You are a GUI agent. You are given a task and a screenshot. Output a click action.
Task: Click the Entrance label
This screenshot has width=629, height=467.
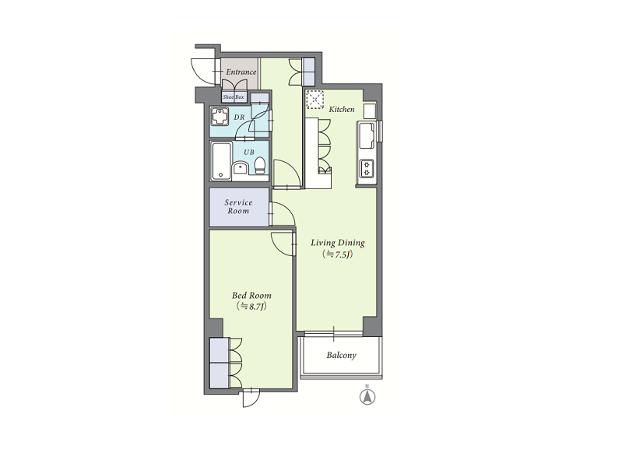pos(241,72)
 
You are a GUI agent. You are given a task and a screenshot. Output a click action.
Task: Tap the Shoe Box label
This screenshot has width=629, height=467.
pos(234,97)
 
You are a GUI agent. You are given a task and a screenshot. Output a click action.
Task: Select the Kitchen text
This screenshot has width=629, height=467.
pos(342,109)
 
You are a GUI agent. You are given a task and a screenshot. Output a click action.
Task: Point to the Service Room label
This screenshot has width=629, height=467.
pos(238,206)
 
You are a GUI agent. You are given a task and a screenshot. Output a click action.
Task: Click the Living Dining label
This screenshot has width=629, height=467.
pos(338,243)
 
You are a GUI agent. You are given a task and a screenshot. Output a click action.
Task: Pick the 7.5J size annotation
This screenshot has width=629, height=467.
pos(338,255)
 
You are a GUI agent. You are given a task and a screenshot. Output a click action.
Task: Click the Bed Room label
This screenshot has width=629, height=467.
pos(251,296)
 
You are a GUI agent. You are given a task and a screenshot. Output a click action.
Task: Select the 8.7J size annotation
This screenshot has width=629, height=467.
pos(251,307)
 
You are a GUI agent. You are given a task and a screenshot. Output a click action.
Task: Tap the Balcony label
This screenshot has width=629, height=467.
pos(342,355)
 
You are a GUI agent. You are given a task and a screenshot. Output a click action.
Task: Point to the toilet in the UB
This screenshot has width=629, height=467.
pos(260,165)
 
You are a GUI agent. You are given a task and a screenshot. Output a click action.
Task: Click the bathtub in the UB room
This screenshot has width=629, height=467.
pos(221,161)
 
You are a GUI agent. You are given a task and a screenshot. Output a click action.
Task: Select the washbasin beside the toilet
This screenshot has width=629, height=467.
pos(241,167)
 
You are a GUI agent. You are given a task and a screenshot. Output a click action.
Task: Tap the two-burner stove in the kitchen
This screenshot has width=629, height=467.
pos(366,168)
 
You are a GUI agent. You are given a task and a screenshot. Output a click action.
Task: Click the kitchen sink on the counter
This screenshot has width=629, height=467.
pos(367,135)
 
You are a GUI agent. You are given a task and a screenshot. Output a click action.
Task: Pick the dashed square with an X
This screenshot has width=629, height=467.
pos(315,100)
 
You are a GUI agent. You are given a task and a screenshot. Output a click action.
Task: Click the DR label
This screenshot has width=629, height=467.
pos(239,118)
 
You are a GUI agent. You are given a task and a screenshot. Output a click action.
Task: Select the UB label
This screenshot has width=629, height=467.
pos(249,153)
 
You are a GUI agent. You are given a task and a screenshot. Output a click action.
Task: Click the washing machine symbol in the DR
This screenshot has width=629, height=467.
pos(220,117)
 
